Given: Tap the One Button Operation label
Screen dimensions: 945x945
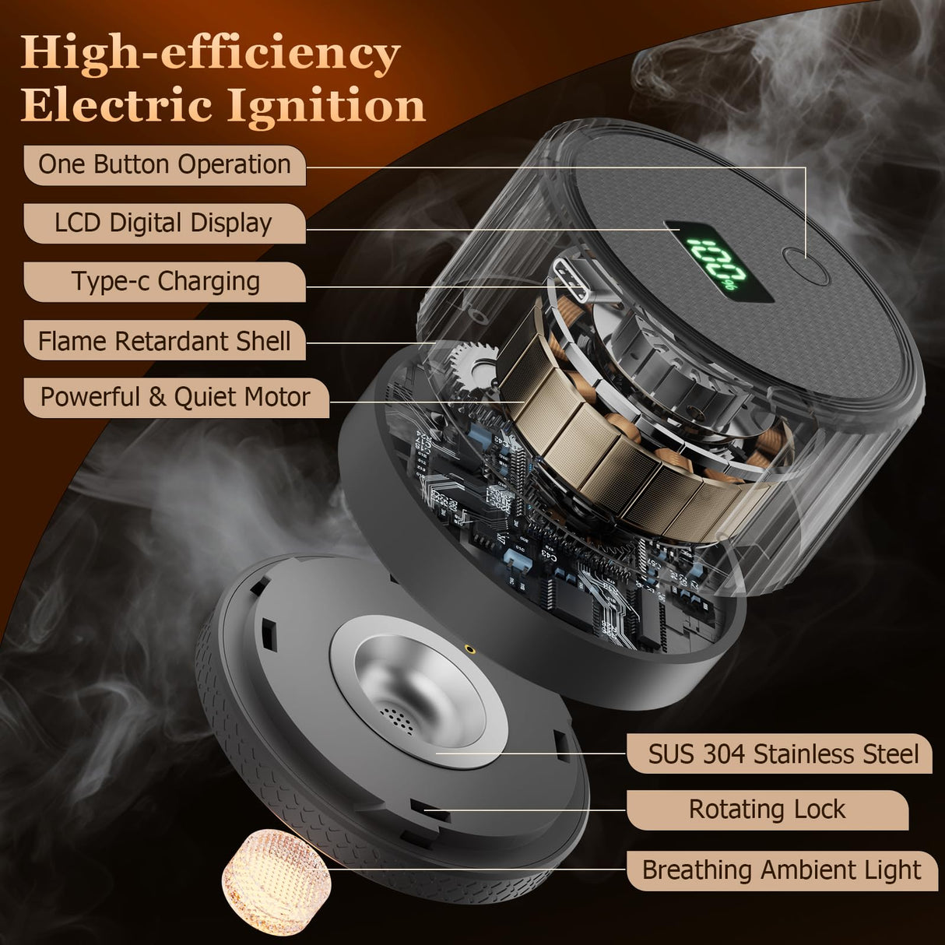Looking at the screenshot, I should [164, 164].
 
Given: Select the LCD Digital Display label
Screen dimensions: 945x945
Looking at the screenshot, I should [163, 223].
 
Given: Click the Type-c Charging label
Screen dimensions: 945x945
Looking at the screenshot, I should [166, 281].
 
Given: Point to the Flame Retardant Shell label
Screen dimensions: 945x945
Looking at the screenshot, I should [164, 341].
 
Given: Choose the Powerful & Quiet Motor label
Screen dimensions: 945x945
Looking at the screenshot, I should [175, 397].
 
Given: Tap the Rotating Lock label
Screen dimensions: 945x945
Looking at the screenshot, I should [767, 810].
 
